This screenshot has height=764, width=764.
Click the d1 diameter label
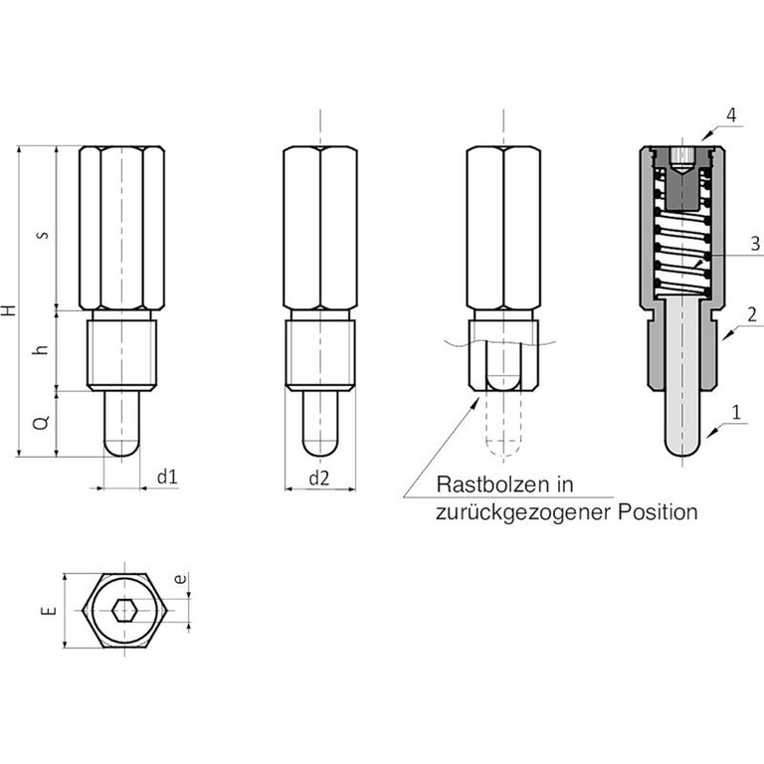pyautogui.click(x=166, y=477)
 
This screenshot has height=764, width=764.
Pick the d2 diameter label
pyautogui.click(x=318, y=477)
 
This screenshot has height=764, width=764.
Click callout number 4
pyautogui.click(x=730, y=115)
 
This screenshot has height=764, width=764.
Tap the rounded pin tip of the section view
pyautogui.click(x=683, y=447)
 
